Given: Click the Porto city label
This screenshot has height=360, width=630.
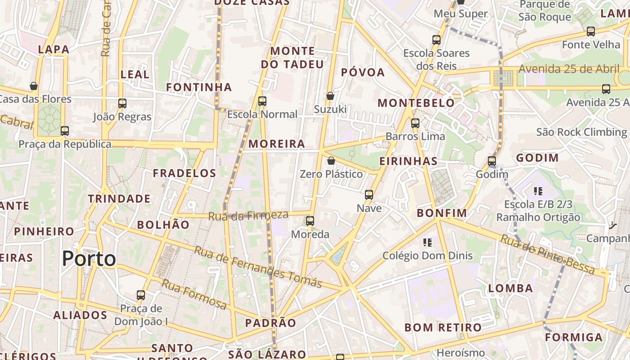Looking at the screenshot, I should (x=89, y=259).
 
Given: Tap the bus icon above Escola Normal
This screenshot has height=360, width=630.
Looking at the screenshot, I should (x=262, y=101).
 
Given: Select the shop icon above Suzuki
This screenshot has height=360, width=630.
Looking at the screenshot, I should (x=330, y=96).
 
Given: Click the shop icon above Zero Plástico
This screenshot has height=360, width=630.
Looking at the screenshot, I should (x=331, y=161).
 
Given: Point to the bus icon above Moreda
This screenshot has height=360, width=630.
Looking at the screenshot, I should (x=310, y=221).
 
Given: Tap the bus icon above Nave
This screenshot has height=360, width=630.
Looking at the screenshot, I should (x=369, y=195).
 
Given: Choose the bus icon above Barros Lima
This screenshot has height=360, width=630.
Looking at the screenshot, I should (x=415, y=123).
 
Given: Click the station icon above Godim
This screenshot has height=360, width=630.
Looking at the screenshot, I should (x=492, y=161).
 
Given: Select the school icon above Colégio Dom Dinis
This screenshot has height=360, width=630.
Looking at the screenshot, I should (x=427, y=243).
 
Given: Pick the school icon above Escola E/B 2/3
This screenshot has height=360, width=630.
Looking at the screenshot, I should (x=538, y=191).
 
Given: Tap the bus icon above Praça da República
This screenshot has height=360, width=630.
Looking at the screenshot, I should (x=65, y=131).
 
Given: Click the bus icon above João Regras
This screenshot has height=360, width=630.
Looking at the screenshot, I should (x=122, y=103).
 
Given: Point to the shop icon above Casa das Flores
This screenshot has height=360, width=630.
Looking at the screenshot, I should (x=34, y=85).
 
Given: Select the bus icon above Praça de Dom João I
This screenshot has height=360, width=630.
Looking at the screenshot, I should (x=141, y=295).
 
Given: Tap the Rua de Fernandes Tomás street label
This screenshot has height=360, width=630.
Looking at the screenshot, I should (x=257, y=266).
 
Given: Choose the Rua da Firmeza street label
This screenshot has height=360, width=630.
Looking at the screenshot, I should (x=248, y=216).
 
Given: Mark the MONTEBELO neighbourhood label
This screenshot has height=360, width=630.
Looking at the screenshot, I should (x=416, y=103).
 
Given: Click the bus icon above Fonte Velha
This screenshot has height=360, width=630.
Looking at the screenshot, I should (x=591, y=31).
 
